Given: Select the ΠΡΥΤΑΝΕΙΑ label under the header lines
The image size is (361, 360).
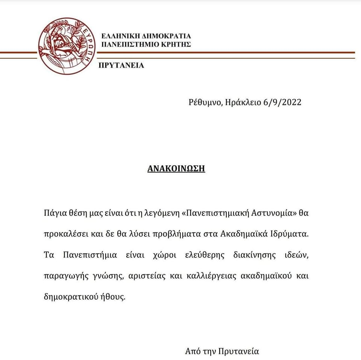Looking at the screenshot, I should (x=121, y=65).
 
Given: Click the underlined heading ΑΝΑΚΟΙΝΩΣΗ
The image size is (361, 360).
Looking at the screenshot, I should (x=176, y=168).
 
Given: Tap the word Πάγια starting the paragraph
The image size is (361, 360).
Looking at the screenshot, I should (x=54, y=213).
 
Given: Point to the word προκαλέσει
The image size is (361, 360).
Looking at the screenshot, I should (x=64, y=234).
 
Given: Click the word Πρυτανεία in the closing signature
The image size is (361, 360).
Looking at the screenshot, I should (x=242, y=352).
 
